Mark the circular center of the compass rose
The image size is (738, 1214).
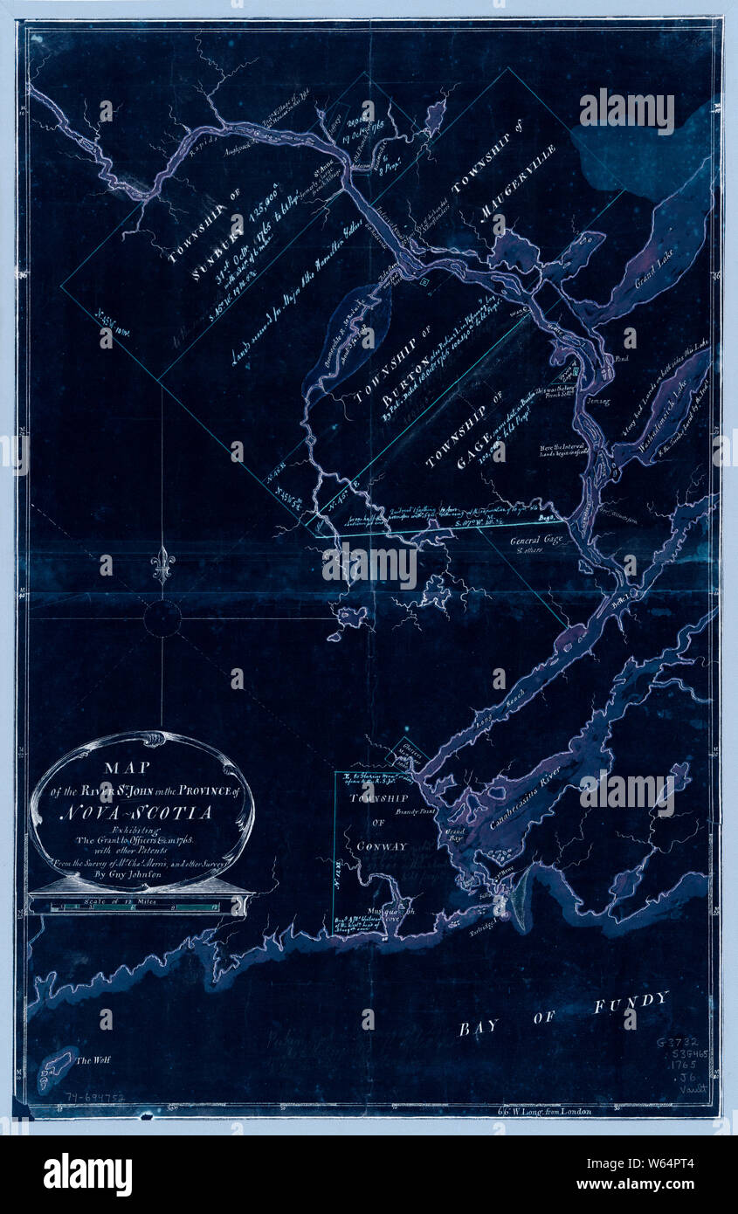(x=162, y=618)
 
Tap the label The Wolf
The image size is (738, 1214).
(x=93, y=1060)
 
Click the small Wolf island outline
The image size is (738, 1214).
(x=54, y=1067)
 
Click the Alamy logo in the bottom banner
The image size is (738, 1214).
(x=87, y=1175)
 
